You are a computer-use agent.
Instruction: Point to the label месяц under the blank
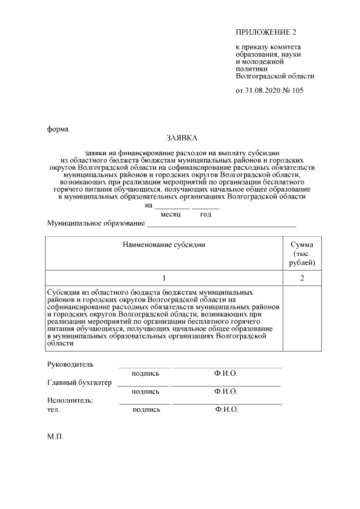tap(170, 215)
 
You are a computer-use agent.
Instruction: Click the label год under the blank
tap(205, 215)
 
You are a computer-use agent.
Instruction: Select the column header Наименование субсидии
tap(163, 245)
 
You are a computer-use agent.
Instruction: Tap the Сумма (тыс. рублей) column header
tap(302, 253)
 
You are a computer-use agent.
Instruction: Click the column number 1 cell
tap(164, 278)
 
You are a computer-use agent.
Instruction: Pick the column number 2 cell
tap(302, 278)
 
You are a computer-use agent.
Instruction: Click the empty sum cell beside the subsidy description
tap(302, 318)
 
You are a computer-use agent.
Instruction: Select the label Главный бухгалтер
tap(79, 383)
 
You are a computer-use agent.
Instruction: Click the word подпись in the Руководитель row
tap(146, 373)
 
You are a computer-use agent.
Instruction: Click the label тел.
tap(53, 410)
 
